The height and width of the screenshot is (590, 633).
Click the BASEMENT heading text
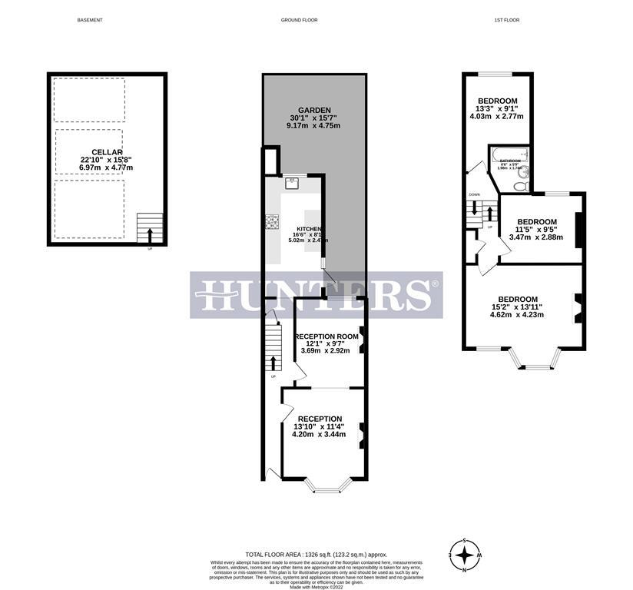[x=90, y=20]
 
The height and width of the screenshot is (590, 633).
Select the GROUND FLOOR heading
[x=300, y=20]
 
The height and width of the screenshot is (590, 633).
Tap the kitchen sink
[x=293, y=182]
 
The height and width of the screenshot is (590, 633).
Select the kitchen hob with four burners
[x=272, y=222]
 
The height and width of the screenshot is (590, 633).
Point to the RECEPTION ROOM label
[x=327, y=336]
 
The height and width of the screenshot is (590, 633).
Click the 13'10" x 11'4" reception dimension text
[x=319, y=426]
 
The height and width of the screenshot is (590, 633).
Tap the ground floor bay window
[x=328, y=486]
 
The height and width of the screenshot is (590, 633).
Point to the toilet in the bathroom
[x=520, y=185]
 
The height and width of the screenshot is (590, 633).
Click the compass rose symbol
[x=465, y=554]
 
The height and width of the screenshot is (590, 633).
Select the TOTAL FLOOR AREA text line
[x=316, y=554]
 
